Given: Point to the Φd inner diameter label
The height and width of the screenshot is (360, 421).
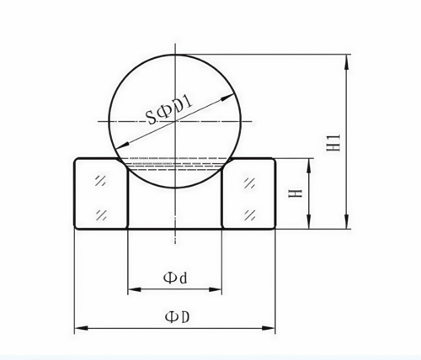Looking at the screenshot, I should tap(173, 277).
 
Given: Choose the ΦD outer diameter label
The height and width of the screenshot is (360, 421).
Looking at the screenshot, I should tap(175, 316).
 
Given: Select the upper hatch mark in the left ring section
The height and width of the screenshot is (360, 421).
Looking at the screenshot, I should tap(101, 181).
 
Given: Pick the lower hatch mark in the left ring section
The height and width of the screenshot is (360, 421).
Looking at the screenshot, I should tap(101, 211).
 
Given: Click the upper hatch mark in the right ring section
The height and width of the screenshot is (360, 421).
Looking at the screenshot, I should tap(249, 181).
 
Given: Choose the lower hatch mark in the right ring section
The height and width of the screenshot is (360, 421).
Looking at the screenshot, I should tap(249, 211).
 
